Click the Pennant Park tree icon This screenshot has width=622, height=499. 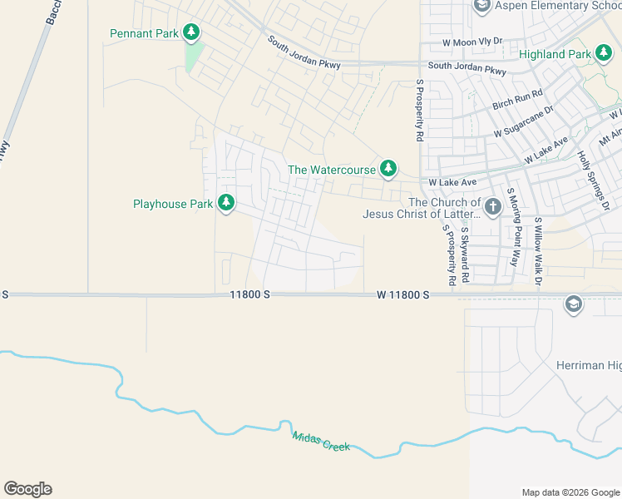[x=192, y=33]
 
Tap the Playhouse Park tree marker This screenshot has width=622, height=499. [x=226, y=203]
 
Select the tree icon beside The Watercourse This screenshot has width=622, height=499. [x=388, y=169]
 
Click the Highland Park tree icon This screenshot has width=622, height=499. [x=604, y=54]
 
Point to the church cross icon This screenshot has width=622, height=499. [x=493, y=205]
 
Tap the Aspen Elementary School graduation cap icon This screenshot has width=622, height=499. [x=481, y=7]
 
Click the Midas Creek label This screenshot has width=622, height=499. [x=321, y=442]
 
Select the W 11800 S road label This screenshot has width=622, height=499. [x=402, y=294]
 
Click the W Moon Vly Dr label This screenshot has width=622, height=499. [x=472, y=41]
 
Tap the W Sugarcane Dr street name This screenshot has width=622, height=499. [x=523, y=122]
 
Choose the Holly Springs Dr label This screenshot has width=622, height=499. [x=595, y=180]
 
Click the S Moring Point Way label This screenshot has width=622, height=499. [x=515, y=237]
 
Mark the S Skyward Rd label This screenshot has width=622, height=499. [x=466, y=255]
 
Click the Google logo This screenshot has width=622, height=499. [x=27, y=489]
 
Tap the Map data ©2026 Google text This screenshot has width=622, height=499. [x=570, y=492]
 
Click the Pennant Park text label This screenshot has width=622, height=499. [x=144, y=34]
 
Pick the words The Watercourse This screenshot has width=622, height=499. [x=332, y=170]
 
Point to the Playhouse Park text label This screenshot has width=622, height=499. [x=173, y=204]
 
